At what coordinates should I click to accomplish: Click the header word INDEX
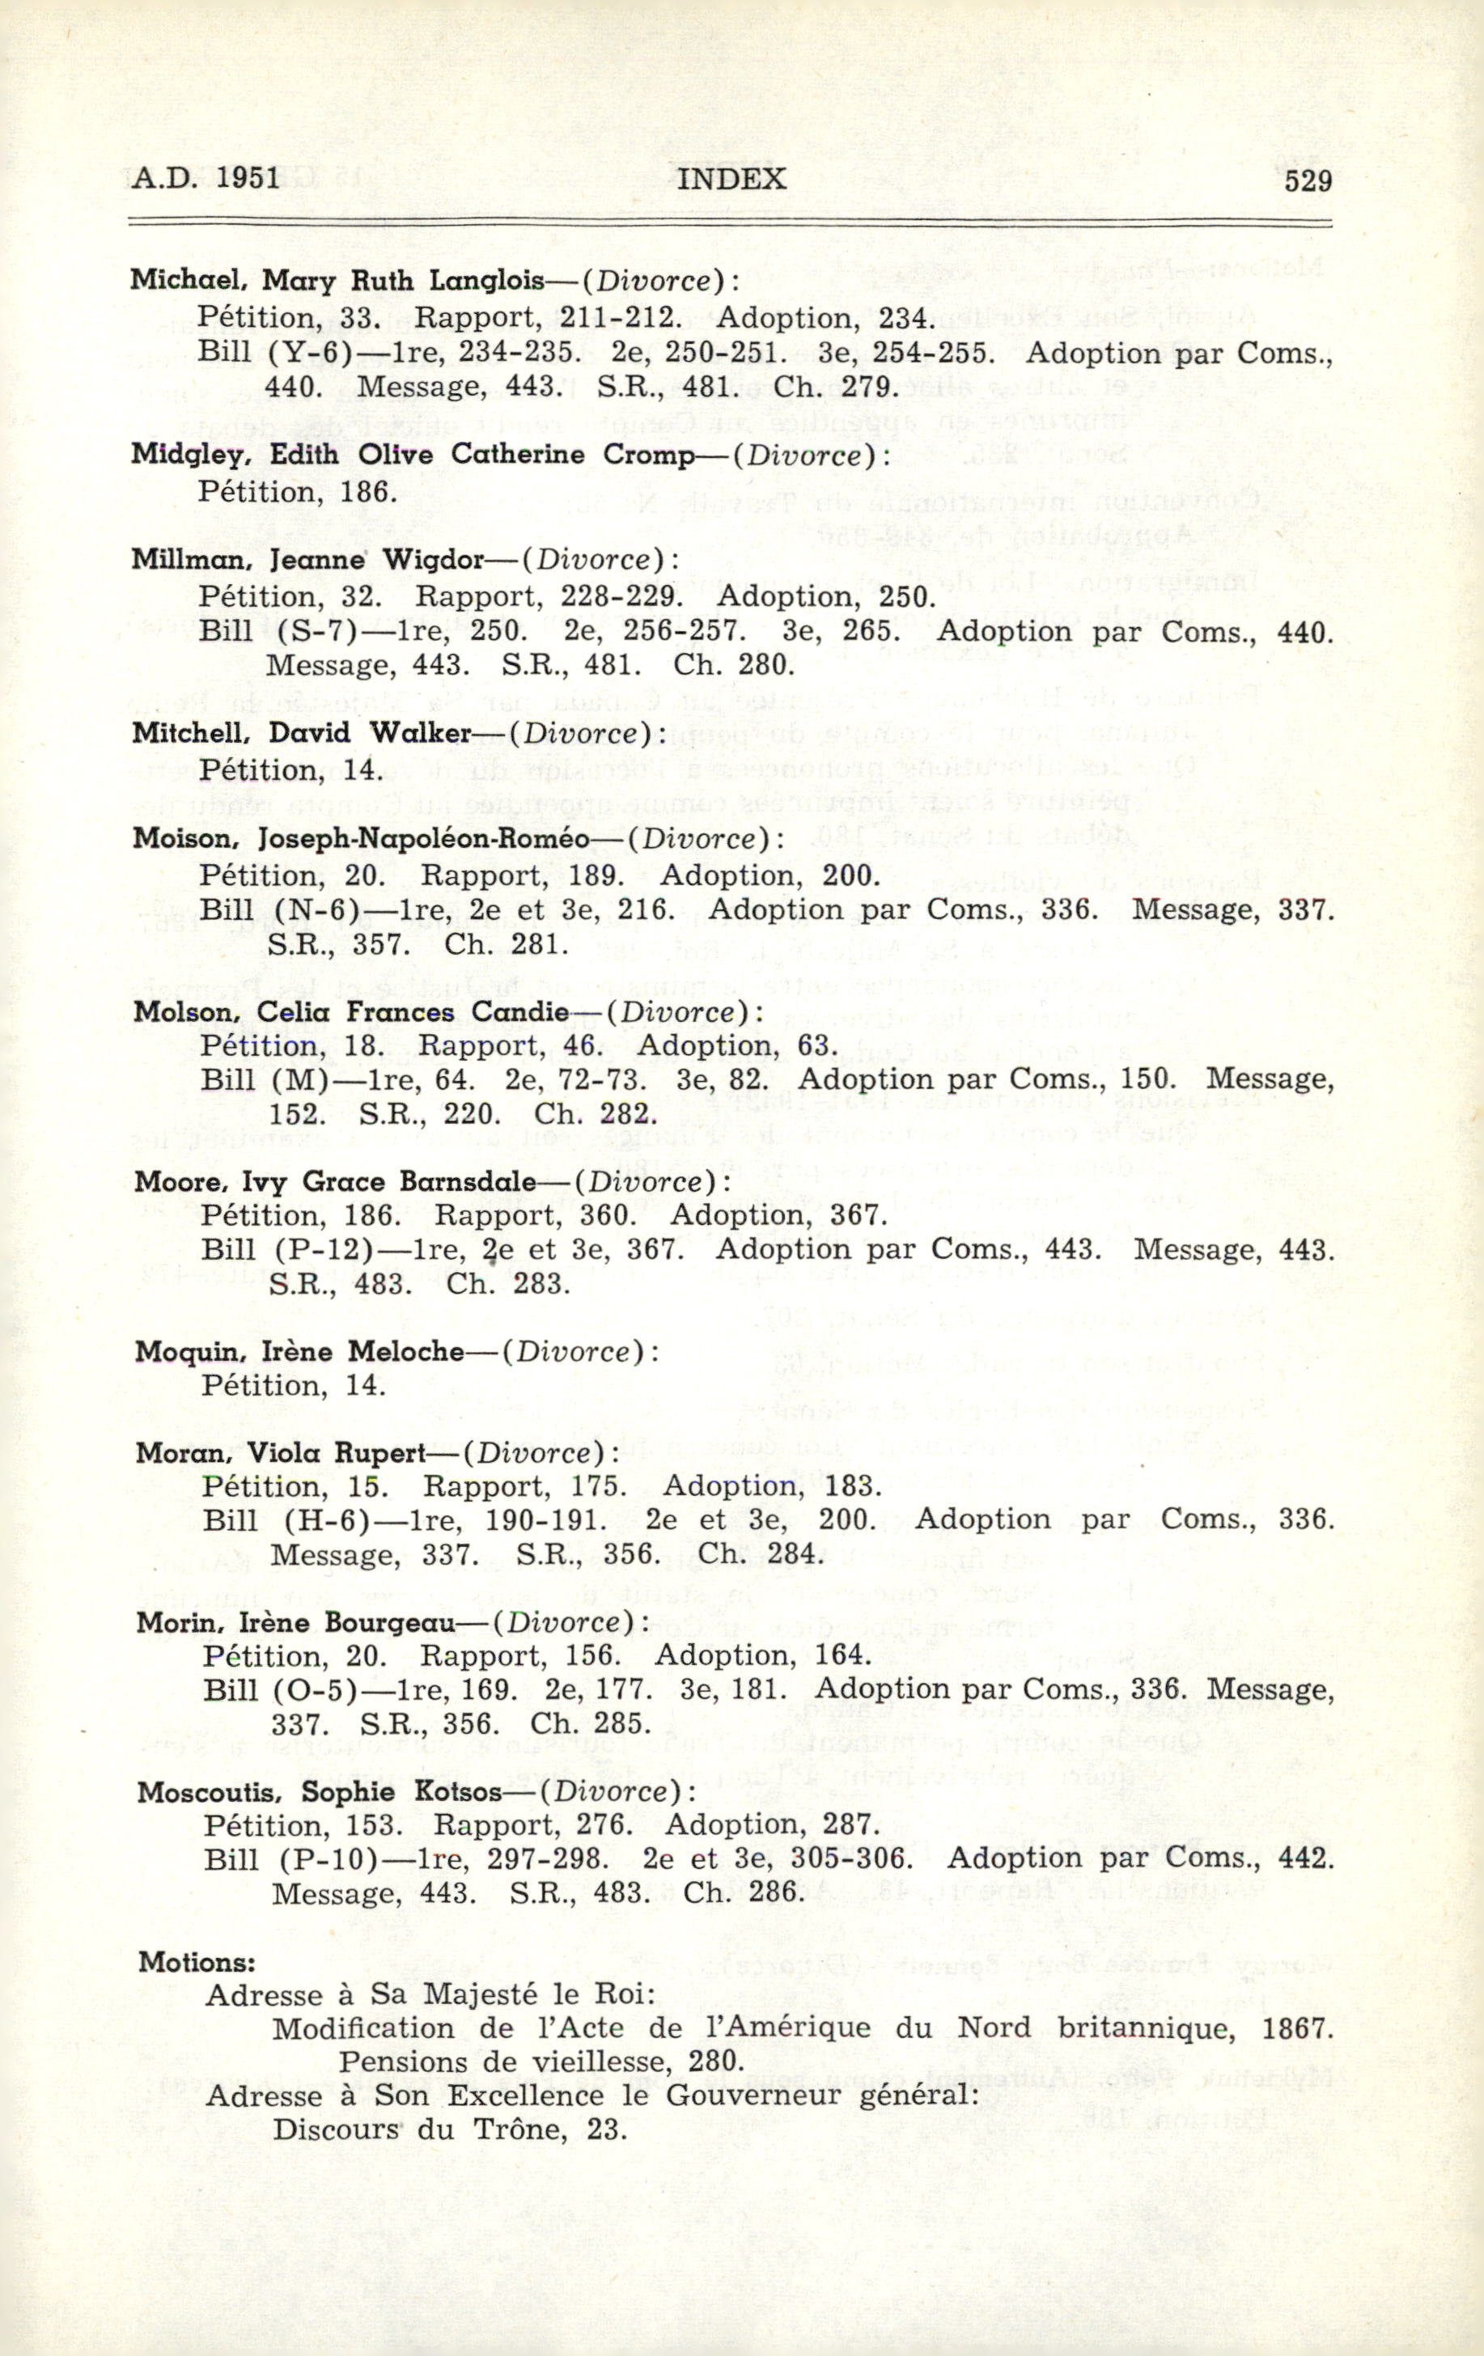pos(731,178)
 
